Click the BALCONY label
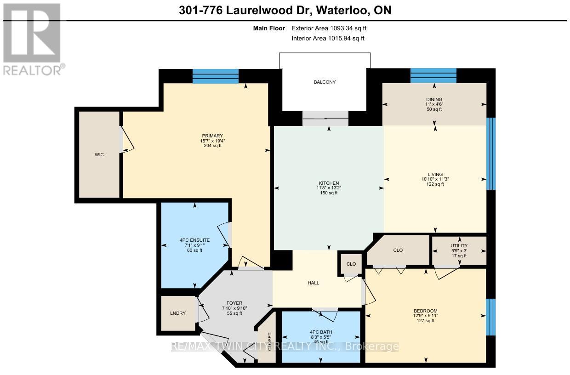pos(325,82)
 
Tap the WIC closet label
pos(99,155)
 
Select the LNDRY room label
pos(178,313)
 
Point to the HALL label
pos(313,283)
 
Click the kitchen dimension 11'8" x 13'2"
pos(329,188)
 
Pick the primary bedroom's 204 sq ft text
pos(212,146)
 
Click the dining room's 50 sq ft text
pos(434,109)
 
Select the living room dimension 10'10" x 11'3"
pos(435,179)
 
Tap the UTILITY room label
pos(459,245)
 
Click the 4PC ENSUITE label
pos(194,240)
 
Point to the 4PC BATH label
pos(321,332)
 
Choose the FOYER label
pos(234,303)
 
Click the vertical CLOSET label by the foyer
pos(270,341)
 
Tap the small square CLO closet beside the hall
pos(351,264)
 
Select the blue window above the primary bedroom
pos(216,76)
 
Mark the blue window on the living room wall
pos(491,153)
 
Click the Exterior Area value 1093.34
pos(342,28)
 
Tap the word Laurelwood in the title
pos(268,11)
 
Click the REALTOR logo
pos(33,40)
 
